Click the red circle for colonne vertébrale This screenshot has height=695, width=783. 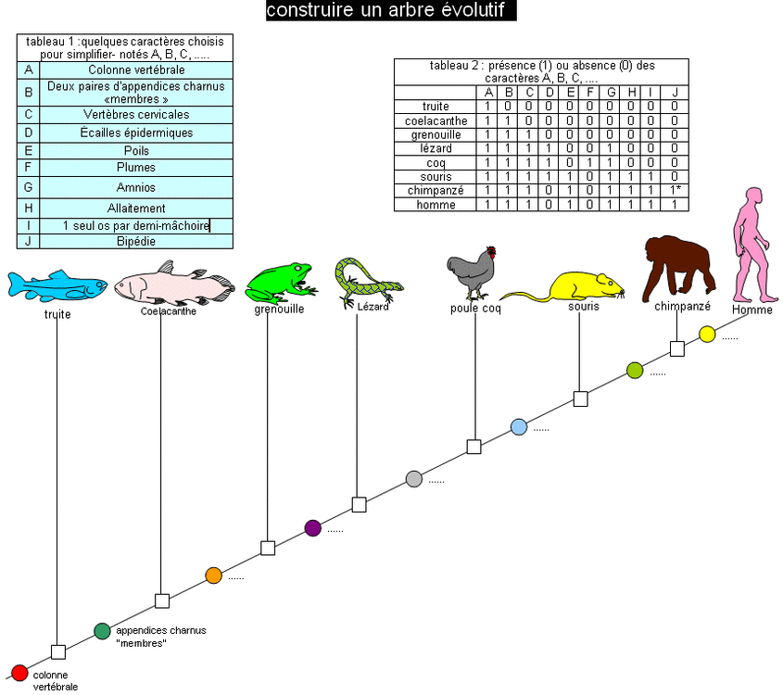(19, 673)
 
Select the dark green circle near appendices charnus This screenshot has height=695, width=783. (102, 631)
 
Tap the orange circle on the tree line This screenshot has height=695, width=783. (213, 575)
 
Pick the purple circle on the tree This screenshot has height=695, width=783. (312, 527)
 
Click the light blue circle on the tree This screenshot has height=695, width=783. (519, 426)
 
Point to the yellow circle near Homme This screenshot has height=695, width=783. (707, 334)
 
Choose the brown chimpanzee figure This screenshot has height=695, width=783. (679, 264)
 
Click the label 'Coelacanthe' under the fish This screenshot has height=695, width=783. (168, 311)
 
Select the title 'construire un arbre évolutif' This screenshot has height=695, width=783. (390, 10)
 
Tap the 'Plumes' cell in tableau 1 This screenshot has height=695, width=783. (135, 168)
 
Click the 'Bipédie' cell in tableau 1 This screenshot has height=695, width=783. (135, 241)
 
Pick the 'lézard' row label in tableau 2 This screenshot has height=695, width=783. (435, 148)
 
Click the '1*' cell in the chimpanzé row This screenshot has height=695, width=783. (676, 190)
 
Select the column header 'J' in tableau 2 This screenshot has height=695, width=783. (676, 92)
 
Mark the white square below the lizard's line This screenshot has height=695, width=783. (359, 505)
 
